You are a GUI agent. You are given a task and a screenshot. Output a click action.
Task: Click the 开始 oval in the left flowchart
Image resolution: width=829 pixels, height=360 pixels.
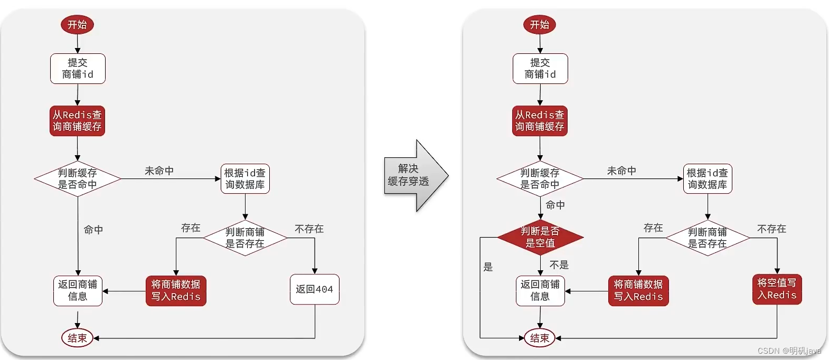(x=77, y=25)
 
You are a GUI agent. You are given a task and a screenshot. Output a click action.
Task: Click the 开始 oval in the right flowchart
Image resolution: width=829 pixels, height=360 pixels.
(x=540, y=25)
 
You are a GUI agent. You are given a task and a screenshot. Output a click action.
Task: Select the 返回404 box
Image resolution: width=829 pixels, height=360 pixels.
(x=315, y=289)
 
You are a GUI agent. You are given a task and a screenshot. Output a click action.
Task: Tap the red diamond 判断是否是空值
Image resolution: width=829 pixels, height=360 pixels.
(x=540, y=237)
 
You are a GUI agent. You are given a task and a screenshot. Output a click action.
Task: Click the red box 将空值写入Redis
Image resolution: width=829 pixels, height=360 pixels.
(x=777, y=289)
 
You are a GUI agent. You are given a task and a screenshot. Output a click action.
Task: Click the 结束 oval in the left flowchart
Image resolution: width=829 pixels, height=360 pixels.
(x=77, y=338)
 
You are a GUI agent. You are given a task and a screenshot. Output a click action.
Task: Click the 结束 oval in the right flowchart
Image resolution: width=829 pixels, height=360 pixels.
(x=540, y=338)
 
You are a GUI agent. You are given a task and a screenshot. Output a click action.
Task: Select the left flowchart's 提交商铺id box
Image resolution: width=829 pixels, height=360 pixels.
(x=78, y=69)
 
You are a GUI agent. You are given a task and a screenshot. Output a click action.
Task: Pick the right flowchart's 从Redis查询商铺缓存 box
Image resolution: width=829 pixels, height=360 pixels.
(x=540, y=121)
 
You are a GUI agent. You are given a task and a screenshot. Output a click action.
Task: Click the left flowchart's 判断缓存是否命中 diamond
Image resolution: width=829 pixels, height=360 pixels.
(x=78, y=179)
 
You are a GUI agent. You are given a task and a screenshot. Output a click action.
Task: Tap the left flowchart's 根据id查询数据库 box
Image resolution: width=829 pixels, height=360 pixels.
(x=245, y=179)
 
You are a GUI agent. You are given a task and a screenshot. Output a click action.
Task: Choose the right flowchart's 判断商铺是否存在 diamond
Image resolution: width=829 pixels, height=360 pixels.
(x=708, y=238)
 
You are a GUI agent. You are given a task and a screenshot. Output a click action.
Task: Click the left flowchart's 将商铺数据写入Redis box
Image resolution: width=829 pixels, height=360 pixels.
(x=176, y=291)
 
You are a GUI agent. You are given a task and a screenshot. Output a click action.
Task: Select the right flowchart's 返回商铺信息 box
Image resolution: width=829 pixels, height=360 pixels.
(x=540, y=291)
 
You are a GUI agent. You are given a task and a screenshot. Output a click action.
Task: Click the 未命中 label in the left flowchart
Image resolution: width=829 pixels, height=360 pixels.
(x=159, y=170)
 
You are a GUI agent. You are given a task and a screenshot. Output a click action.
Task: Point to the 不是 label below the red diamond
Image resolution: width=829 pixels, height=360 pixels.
(x=559, y=265)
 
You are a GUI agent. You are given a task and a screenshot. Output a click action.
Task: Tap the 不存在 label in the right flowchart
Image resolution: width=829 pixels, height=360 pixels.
(x=771, y=229)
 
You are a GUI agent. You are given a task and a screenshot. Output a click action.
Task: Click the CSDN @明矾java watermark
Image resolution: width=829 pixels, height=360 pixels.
(x=789, y=350)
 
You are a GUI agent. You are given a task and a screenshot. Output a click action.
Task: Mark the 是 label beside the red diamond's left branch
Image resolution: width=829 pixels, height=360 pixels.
(x=488, y=267)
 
